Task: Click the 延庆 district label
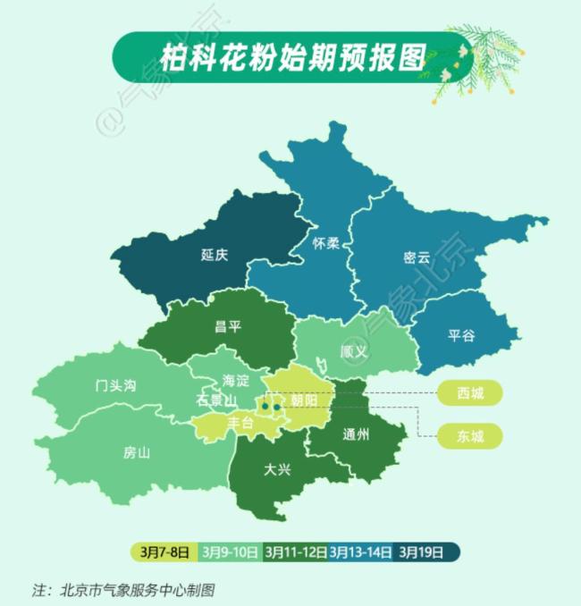pos(215,255)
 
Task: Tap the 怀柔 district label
pos(326,243)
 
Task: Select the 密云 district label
pos(417,257)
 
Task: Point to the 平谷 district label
pos(462,336)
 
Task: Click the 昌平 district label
pos(228,326)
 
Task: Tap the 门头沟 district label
pos(115,386)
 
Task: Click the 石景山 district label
pos(215,400)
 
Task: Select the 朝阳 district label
pos(304,400)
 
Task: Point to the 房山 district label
pos(137,452)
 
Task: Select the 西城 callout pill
pos(469,392)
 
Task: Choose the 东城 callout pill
pos(469,436)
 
